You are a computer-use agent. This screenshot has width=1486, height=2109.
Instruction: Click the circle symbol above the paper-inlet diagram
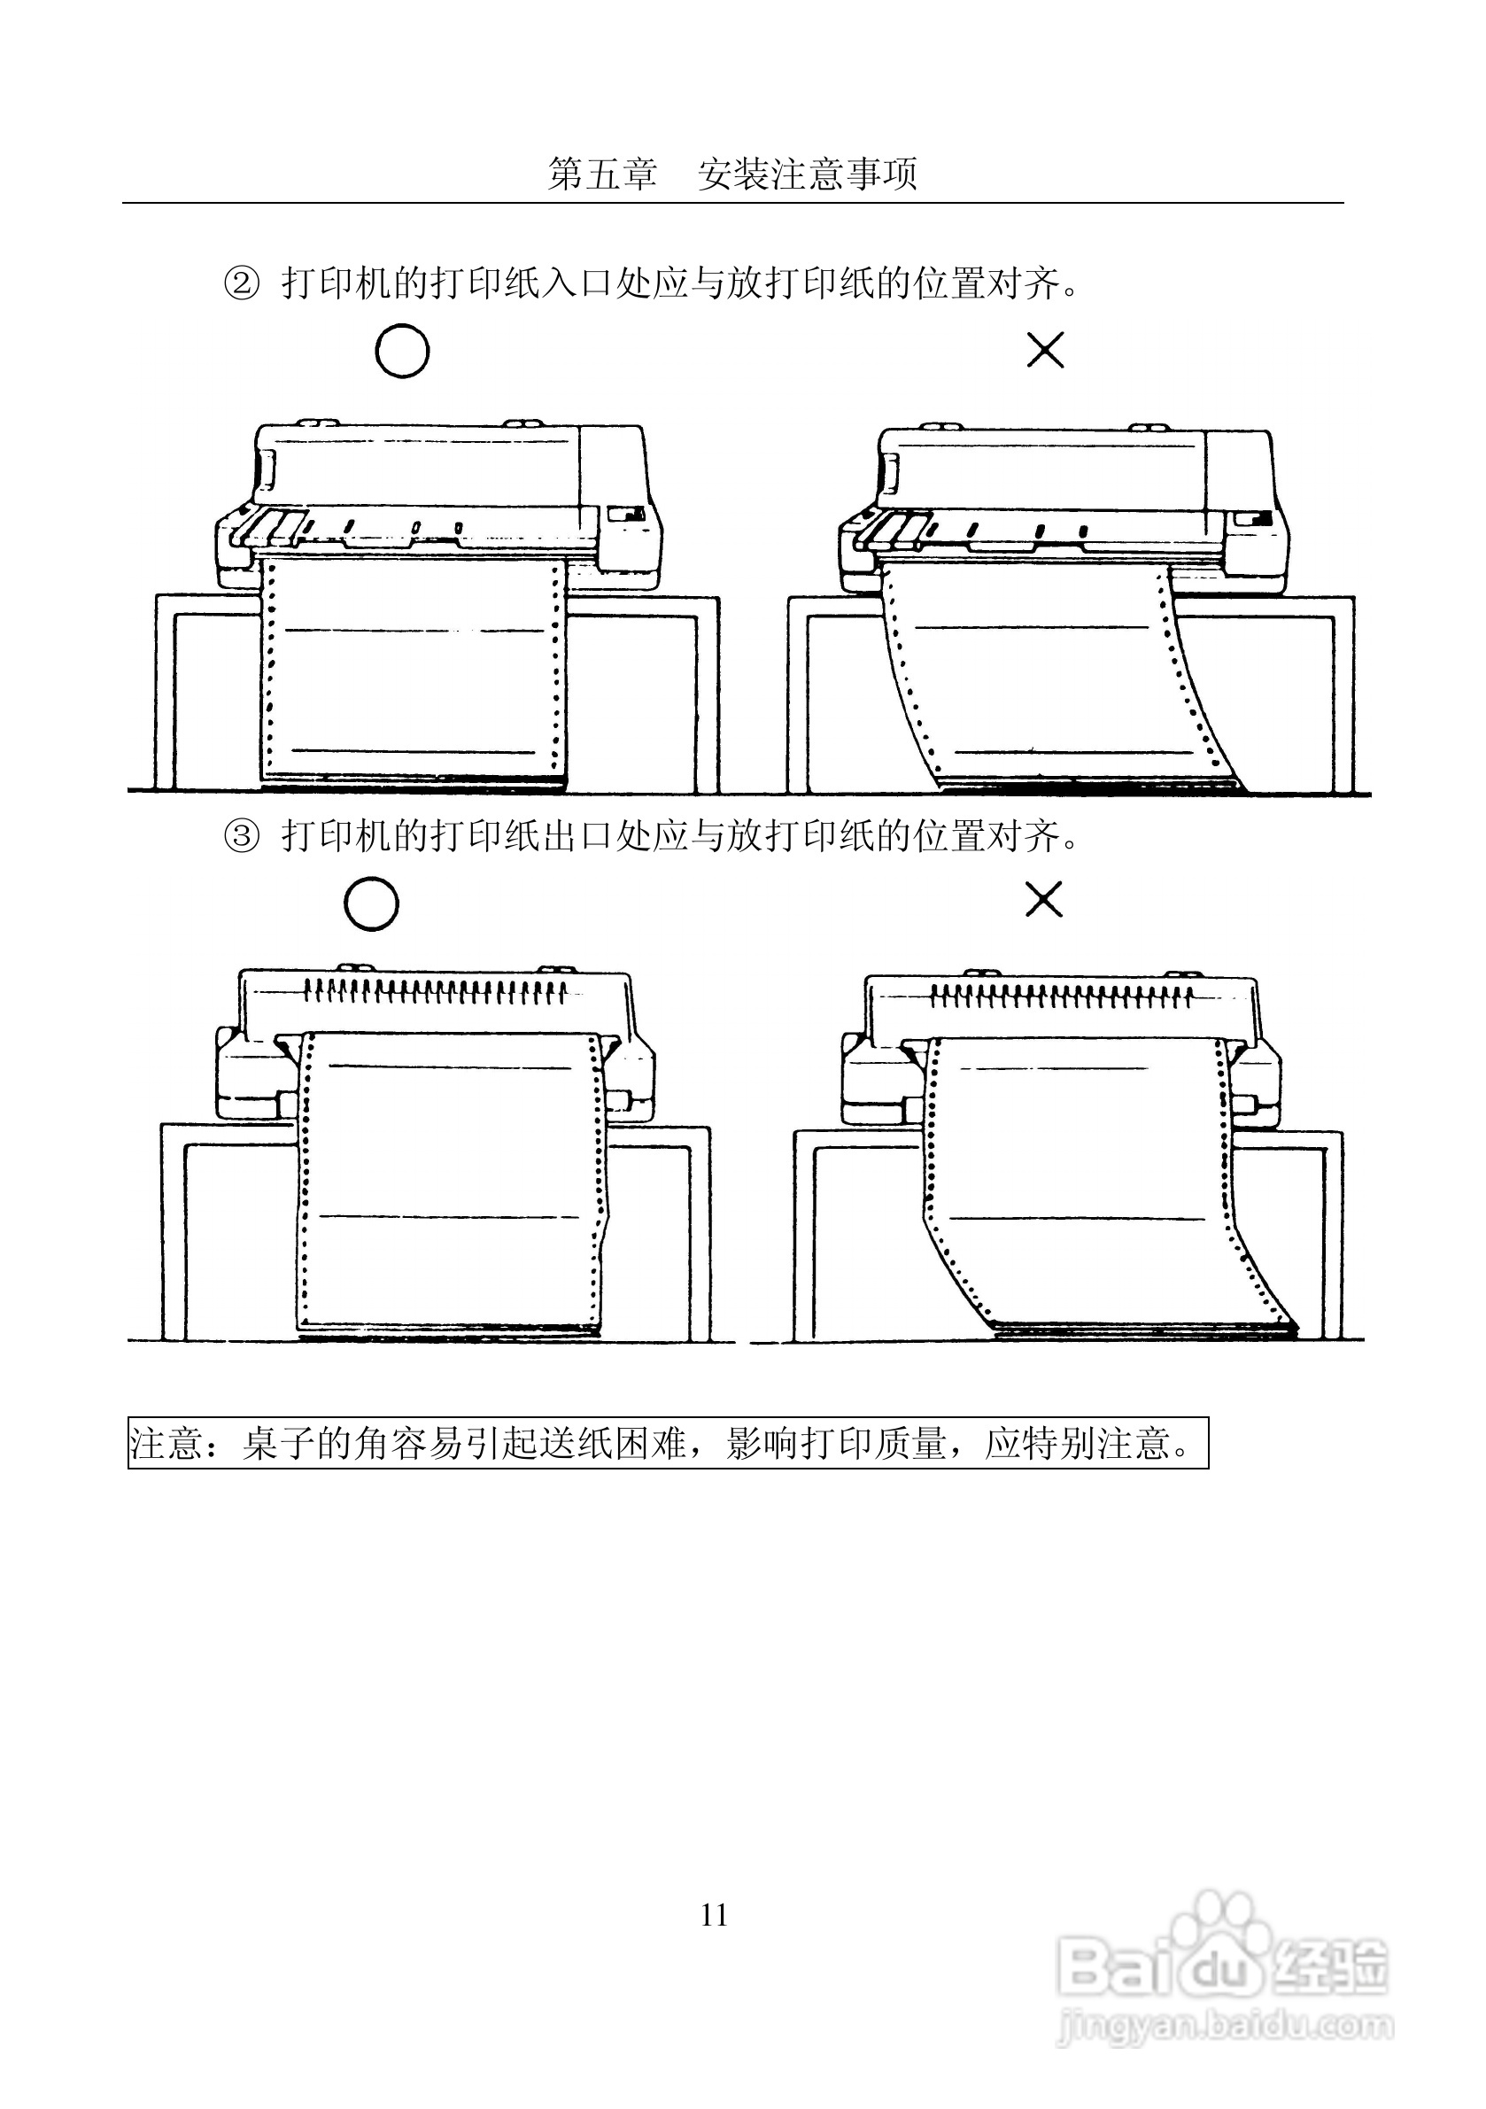point(402,351)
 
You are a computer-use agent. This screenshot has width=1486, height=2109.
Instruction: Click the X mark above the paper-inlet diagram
point(1044,350)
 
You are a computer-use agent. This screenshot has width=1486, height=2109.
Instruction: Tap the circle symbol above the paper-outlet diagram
point(371,903)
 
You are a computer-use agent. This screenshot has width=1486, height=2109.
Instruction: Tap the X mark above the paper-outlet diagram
point(1043,899)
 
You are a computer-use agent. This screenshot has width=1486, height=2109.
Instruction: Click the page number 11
point(715,1914)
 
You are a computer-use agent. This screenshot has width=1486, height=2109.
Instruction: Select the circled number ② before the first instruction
point(242,283)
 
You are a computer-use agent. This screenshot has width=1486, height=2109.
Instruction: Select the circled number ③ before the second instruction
point(242,837)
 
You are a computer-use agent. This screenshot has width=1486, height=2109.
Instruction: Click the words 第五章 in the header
point(602,174)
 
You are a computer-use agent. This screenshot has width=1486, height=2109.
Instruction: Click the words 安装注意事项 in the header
point(808,174)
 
